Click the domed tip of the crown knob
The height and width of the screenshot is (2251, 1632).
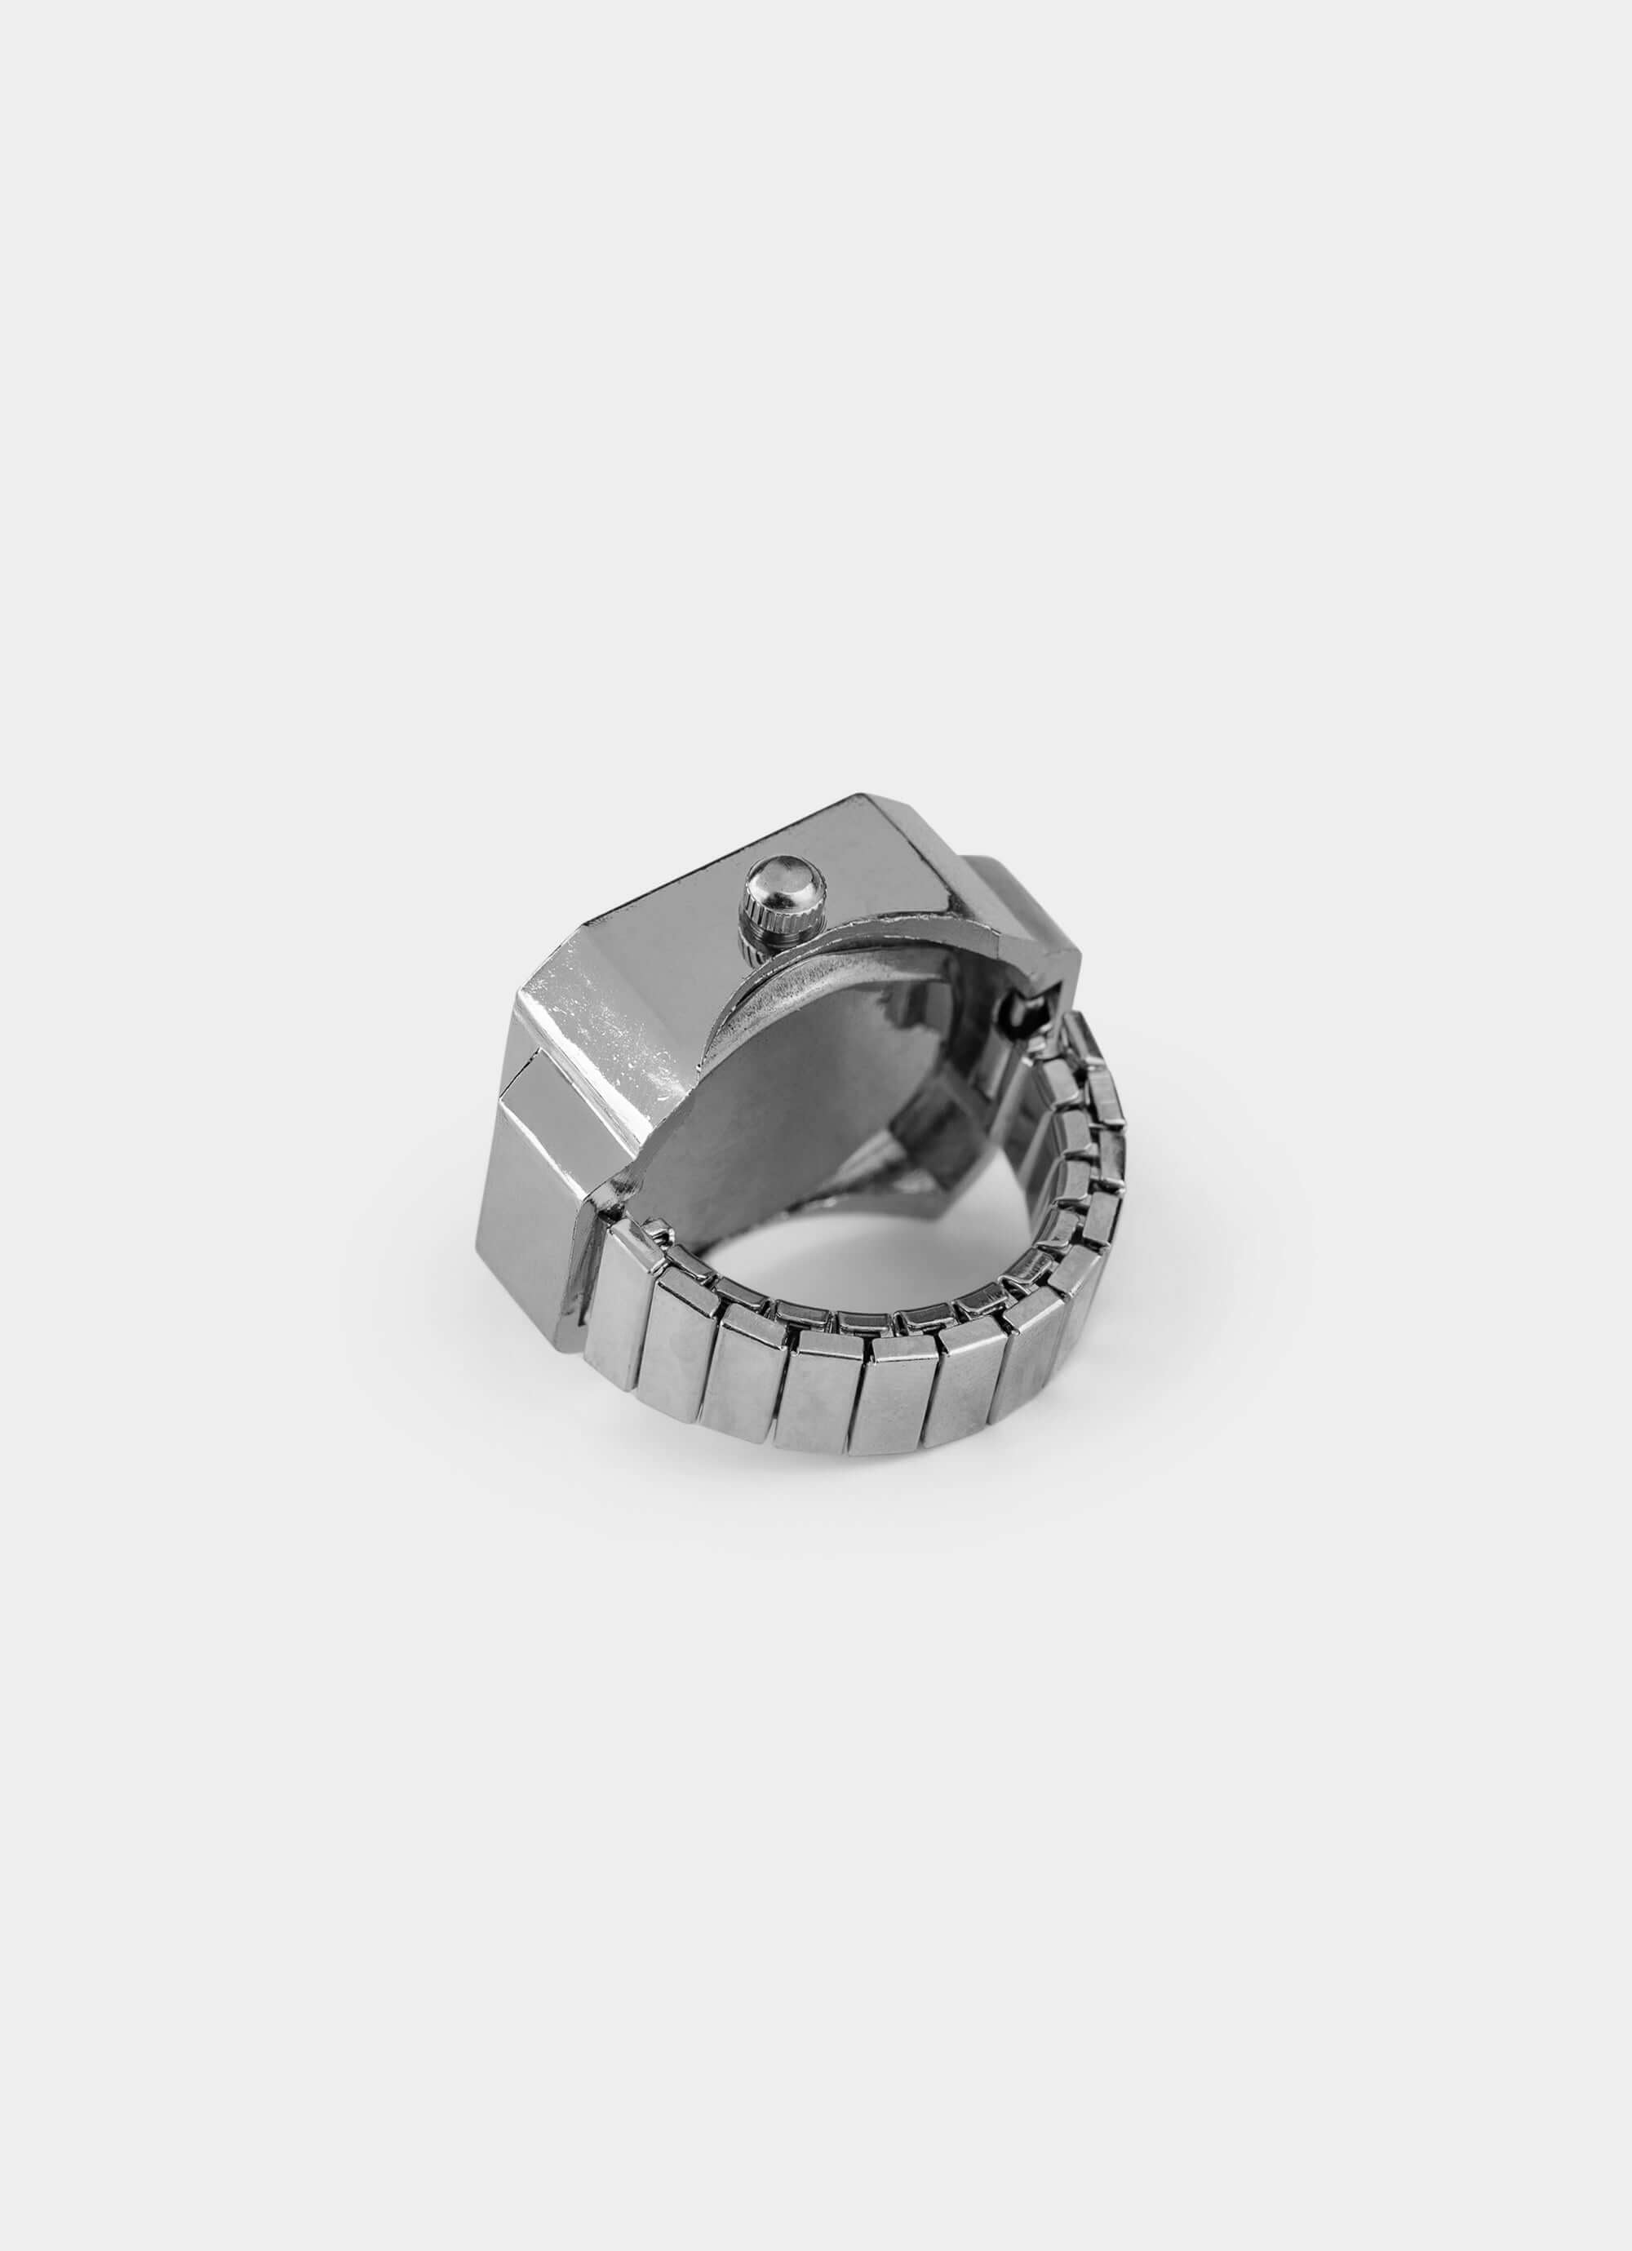780,877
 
